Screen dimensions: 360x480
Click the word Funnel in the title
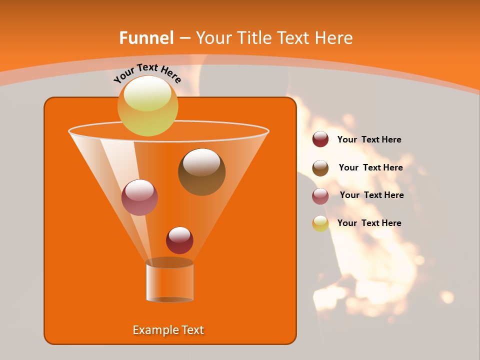(146, 37)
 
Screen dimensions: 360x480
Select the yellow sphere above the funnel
(147, 106)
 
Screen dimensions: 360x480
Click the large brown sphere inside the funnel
(201, 172)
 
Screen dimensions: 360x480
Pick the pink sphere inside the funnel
(139, 197)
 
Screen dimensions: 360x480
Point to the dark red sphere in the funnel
(179, 240)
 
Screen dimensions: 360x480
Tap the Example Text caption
(168, 330)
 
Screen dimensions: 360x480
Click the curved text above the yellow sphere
(147, 73)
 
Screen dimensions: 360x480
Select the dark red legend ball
(320, 139)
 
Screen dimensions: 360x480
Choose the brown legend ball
(320, 168)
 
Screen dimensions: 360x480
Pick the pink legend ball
(320, 196)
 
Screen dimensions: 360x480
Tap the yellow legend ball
(320, 223)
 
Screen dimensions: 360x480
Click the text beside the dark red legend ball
(369, 139)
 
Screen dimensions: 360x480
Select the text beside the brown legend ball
(370, 167)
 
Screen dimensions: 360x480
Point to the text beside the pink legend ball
(371, 195)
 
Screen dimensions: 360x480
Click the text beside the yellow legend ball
(369, 223)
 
